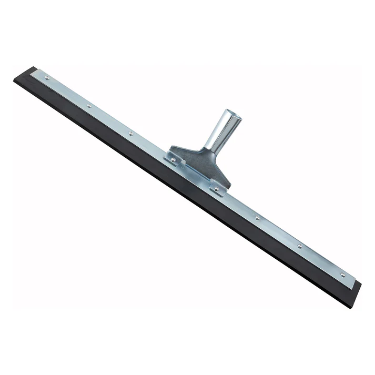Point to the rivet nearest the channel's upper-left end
(x=47, y=78)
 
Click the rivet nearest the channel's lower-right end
(x=342, y=275)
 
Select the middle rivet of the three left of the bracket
(x=89, y=106)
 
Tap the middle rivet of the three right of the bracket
(x=300, y=245)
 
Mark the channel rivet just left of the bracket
(x=131, y=134)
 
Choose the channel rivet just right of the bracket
(x=257, y=217)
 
